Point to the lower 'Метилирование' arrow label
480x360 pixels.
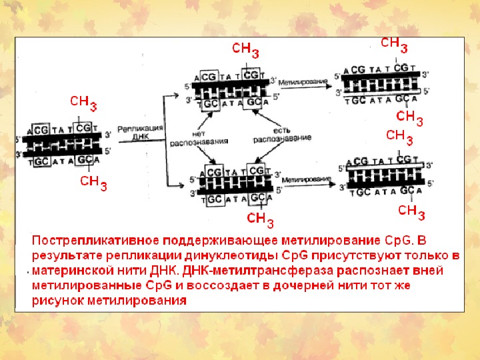(303, 180)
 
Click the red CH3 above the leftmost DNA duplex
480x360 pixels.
(84, 103)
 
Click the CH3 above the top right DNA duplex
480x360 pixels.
(394, 44)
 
